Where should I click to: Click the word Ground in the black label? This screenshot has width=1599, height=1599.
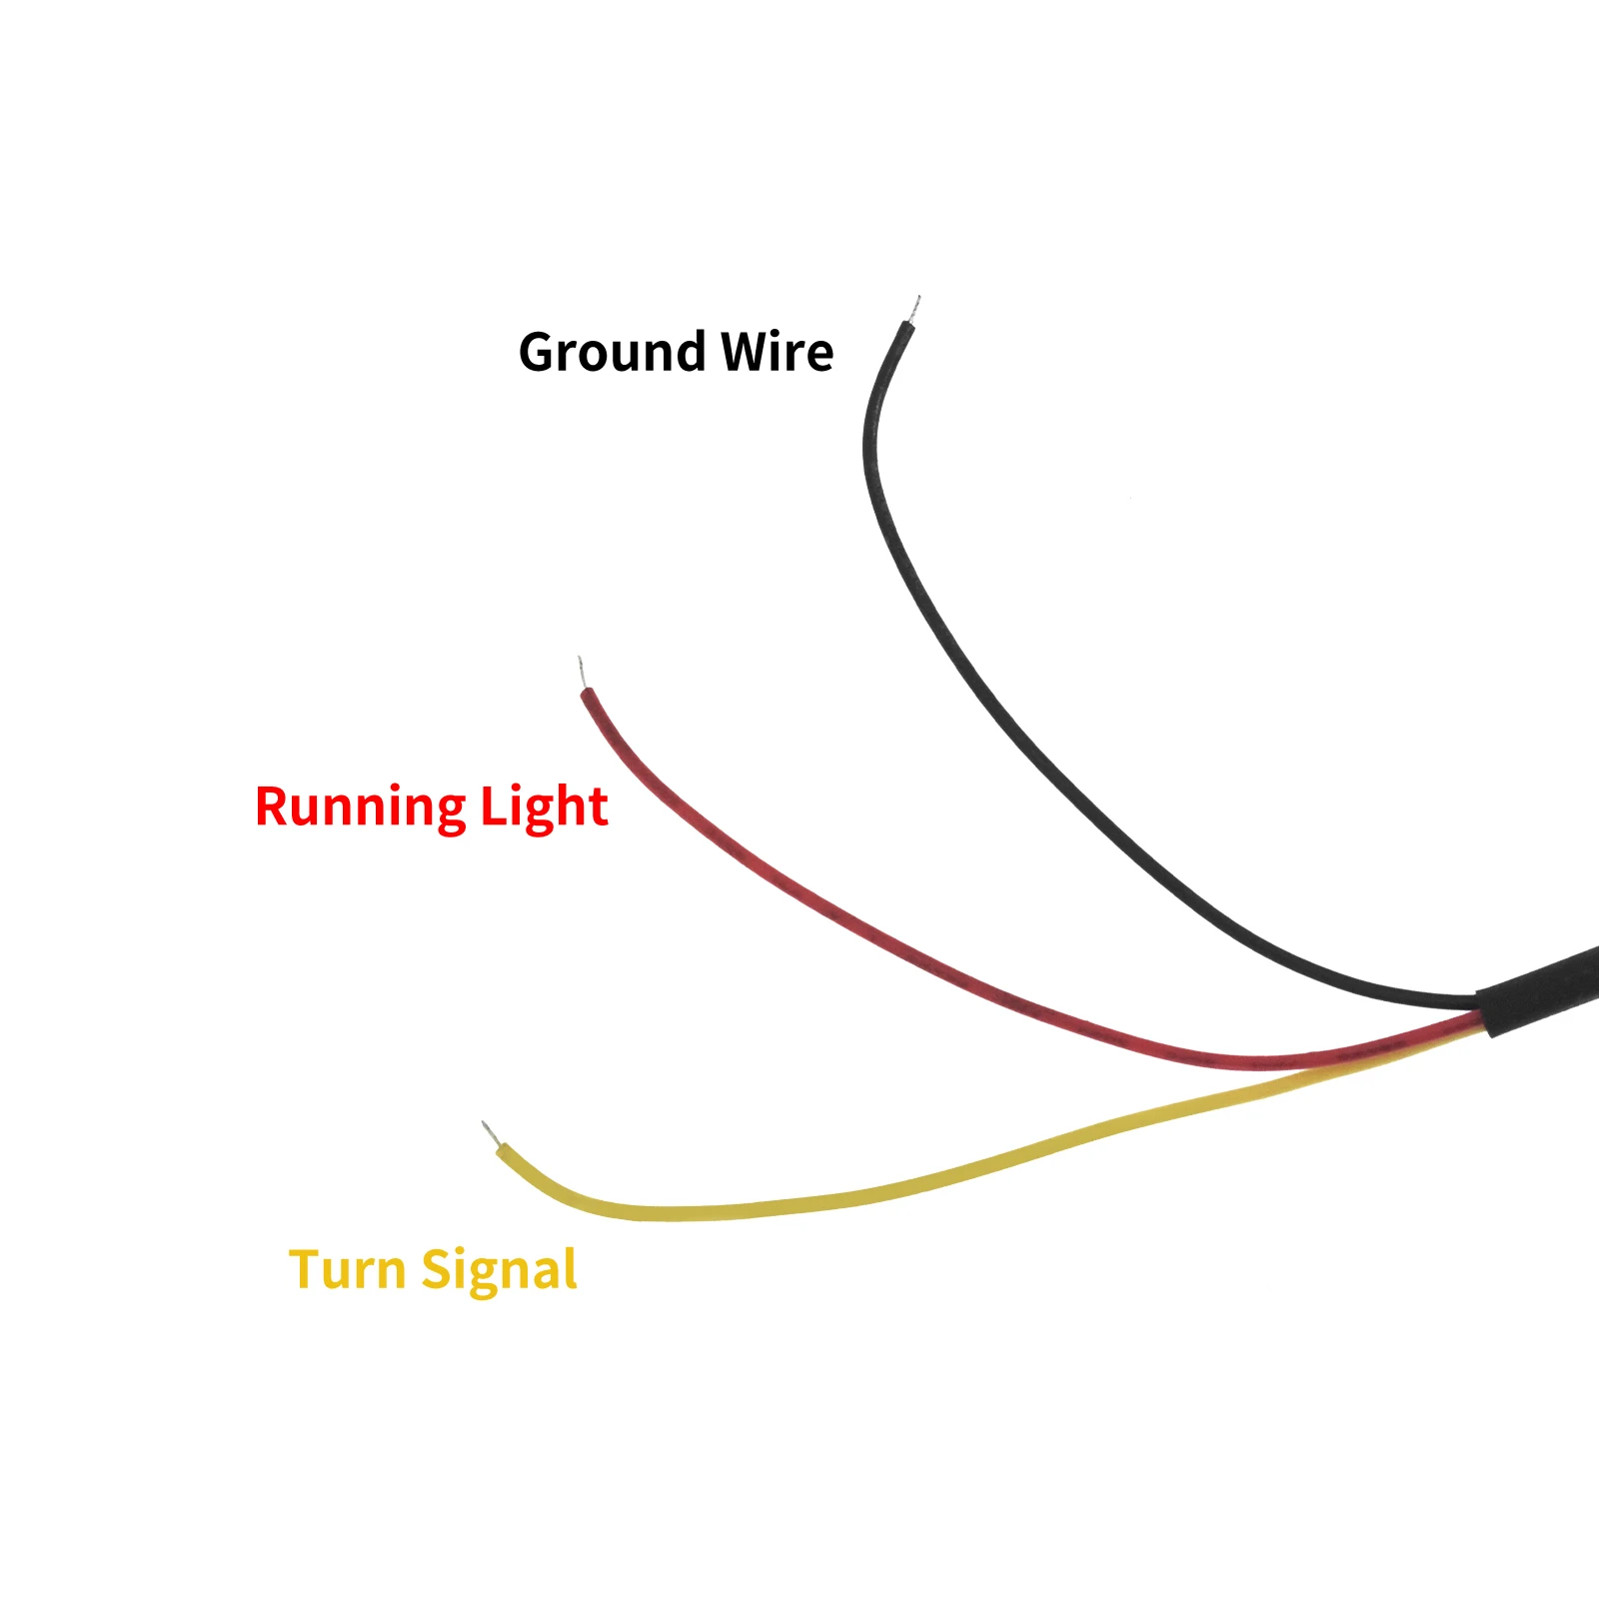[613, 353]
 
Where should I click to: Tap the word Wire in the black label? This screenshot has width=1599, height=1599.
[777, 352]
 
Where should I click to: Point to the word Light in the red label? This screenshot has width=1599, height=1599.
[544, 806]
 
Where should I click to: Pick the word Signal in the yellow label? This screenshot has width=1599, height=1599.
[499, 1270]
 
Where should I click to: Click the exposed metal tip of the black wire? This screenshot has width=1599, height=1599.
[914, 308]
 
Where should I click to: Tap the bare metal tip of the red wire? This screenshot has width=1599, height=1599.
[582, 673]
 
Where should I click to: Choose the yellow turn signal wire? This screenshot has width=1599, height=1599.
[899, 1189]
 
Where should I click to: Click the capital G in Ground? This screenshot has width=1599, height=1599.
[541, 353]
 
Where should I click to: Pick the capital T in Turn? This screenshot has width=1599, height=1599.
[305, 1269]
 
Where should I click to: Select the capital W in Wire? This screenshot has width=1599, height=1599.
[746, 352]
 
